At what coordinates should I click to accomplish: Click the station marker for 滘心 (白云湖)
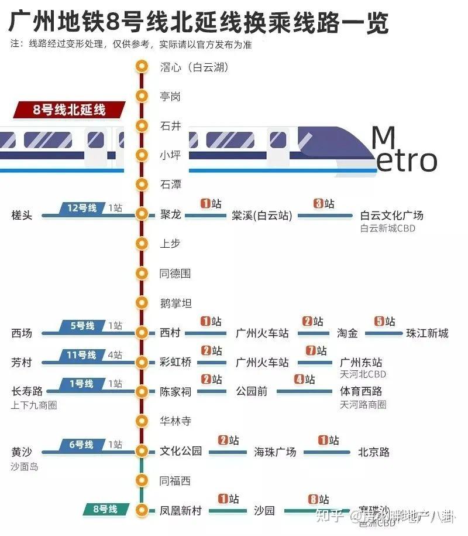[x=141, y=66]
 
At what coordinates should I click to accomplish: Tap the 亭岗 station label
[x=170, y=96]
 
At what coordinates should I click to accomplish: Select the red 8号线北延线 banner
[x=70, y=110]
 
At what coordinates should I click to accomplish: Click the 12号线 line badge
[x=81, y=208]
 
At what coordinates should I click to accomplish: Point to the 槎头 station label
[x=22, y=216]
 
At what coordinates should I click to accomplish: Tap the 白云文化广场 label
[x=391, y=216]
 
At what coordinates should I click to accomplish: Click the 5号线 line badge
[x=81, y=326]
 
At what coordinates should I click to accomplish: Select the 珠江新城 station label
[x=427, y=333]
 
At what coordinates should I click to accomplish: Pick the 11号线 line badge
[x=81, y=355]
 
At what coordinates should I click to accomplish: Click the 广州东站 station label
[x=361, y=363]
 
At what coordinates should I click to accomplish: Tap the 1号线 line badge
[x=81, y=384]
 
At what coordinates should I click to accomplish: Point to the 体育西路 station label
[x=361, y=391]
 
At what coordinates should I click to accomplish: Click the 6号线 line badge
[x=81, y=445]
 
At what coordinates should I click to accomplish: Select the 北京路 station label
[x=374, y=452]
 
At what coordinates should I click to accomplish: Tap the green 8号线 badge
[x=105, y=509]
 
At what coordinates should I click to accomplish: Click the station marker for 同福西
[x=141, y=480]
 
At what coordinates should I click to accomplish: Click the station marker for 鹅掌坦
[x=141, y=303]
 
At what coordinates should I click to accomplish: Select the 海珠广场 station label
[x=275, y=452]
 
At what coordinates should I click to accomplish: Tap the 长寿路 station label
[x=26, y=391]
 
